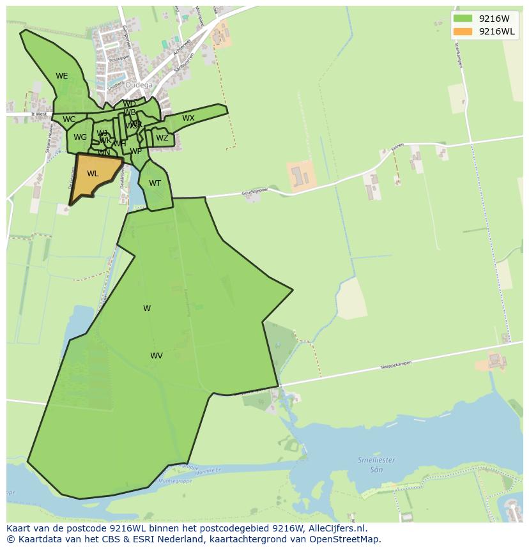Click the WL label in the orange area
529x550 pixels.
(93, 174)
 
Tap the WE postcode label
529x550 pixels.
(61, 76)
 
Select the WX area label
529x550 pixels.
(188, 118)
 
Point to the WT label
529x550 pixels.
(155, 183)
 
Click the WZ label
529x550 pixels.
(162, 138)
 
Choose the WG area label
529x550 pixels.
(80, 137)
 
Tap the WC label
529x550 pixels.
(69, 119)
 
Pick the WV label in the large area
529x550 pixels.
(157, 356)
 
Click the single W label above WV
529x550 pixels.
(147, 309)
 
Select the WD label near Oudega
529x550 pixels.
(129, 104)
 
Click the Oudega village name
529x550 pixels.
(139, 85)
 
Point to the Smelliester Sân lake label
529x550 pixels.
(376, 464)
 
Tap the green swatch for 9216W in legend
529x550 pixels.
(463, 19)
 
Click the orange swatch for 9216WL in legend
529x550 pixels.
(463, 31)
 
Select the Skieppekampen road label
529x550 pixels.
(395, 364)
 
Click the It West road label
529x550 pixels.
(39, 114)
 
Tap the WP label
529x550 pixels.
(135, 151)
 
